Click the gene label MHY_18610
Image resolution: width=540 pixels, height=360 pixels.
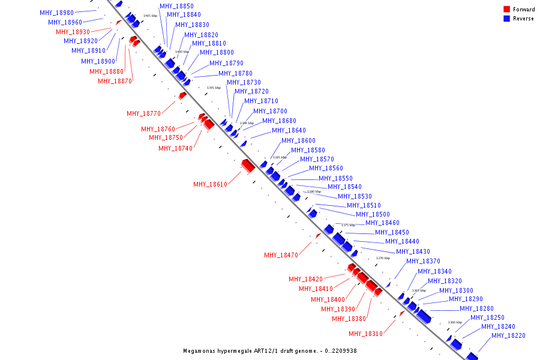[x=210, y=184]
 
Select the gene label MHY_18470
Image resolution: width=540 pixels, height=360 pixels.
[x=281, y=255]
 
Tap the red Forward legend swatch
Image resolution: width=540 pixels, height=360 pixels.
[x=506, y=10]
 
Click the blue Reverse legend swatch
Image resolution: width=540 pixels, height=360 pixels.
[x=506, y=19]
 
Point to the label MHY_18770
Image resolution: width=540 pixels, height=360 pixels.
[x=143, y=113]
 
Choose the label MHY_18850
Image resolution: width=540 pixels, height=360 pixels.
[x=176, y=6]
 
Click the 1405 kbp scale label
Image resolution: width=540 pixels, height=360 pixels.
[x=150, y=16]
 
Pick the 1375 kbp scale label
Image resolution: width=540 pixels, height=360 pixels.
[x=348, y=225]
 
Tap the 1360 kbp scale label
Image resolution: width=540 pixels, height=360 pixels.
[x=455, y=322]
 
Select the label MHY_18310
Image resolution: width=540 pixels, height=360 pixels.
[x=365, y=334]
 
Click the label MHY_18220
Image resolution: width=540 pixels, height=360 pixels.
[x=508, y=335]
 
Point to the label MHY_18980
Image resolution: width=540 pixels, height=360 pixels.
[x=56, y=13]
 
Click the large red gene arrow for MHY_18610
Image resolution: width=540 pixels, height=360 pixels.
[x=248, y=165]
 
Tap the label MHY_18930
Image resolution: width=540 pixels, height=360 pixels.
[x=73, y=32]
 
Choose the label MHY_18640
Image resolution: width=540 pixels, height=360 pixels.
[x=289, y=130]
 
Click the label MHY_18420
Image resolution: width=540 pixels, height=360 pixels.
[x=305, y=279]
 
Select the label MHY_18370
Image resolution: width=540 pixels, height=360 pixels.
[x=423, y=261]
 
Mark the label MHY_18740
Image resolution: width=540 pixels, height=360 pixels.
[x=175, y=148]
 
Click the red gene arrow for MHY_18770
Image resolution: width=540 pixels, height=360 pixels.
[x=182, y=95]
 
